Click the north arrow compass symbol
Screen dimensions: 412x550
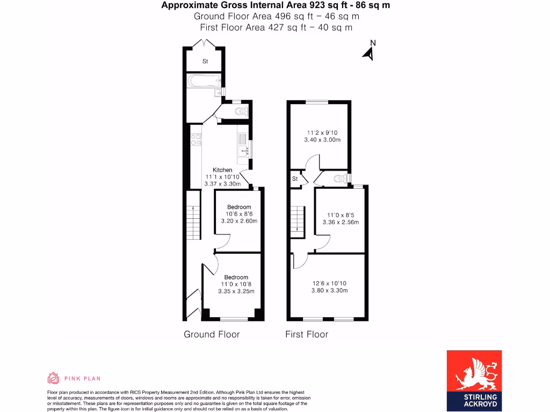click(369, 52)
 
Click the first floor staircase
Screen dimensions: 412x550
click(297, 220)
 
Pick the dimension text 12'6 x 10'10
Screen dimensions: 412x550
click(329, 283)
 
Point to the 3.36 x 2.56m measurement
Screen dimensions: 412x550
click(341, 222)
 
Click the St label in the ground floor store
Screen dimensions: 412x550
click(205, 62)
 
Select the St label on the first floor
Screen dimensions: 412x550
click(295, 179)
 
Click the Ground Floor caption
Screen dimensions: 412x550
click(212, 334)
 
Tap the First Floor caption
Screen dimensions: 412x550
click(306, 334)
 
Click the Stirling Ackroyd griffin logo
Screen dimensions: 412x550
click(474, 374)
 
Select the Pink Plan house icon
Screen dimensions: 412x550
click(54, 378)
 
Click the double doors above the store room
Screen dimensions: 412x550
click(205, 44)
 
